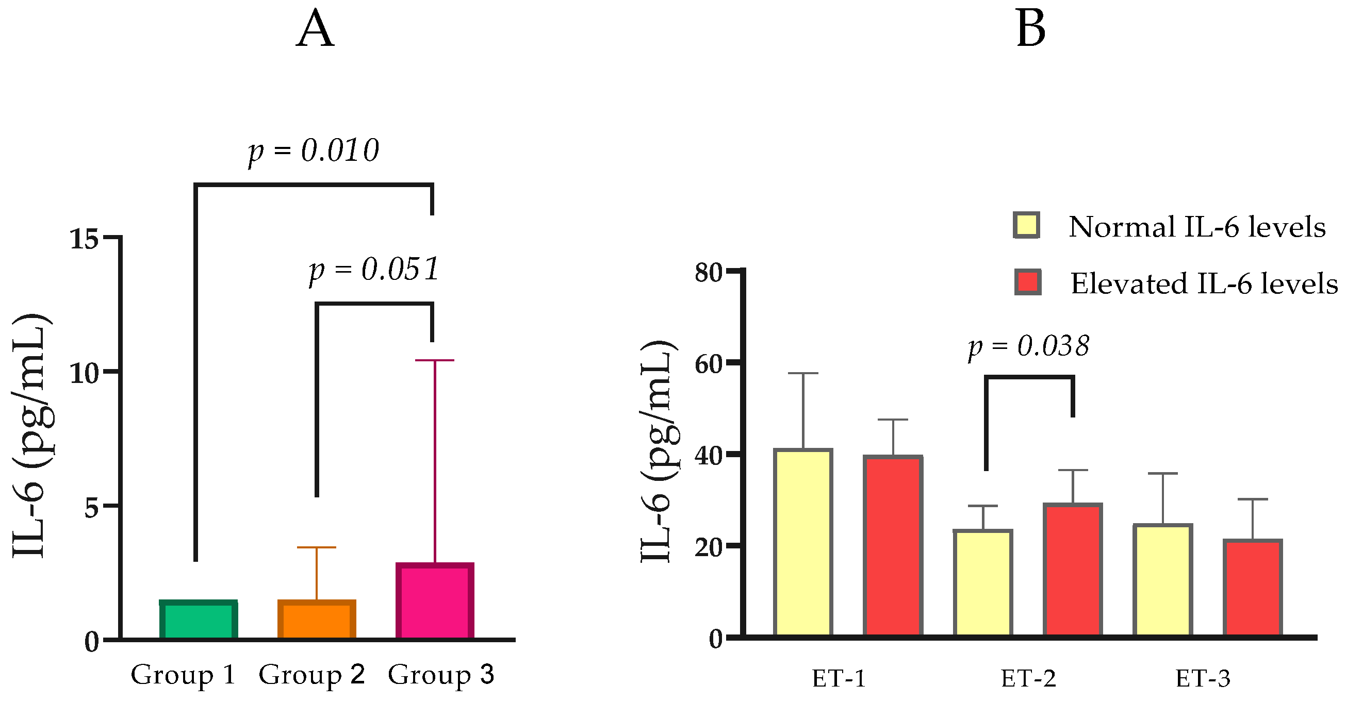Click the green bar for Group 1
[x=198, y=620]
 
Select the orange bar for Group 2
[x=317, y=620]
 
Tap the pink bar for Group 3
[x=435, y=601]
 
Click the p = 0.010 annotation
[x=314, y=152]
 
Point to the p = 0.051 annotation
[x=374, y=270]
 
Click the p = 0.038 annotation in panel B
[x=1028, y=346]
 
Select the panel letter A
[x=315, y=30]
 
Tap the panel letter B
[x=1030, y=30]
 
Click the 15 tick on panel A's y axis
[x=84, y=239]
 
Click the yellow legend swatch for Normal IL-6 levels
[x=1026, y=226]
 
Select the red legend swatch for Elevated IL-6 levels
[x=1027, y=282]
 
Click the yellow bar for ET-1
[x=803, y=543]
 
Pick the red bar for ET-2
[x=1073, y=571]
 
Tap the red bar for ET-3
[x=1253, y=589]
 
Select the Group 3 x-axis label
[x=440, y=675]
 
